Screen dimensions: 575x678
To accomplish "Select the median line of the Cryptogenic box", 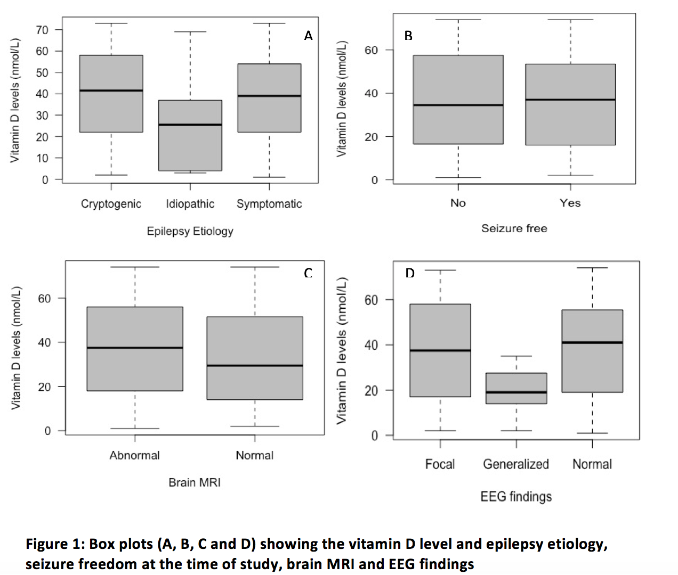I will (x=111, y=91).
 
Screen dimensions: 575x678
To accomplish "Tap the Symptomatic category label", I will (x=269, y=204).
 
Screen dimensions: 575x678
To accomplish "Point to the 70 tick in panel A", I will (x=42, y=30).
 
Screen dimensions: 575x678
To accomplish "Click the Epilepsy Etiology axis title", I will (x=190, y=231).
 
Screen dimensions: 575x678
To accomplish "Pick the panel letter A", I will (x=308, y=36).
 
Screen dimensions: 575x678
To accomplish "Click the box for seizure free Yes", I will (x=570, y=122).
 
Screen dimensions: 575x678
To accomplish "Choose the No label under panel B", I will (x=458, y=203).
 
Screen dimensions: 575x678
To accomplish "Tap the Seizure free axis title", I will (x=514, y=228).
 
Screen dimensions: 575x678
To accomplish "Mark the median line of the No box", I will (x=458, y=105).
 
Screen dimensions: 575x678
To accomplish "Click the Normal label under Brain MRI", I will (x=255, y=455).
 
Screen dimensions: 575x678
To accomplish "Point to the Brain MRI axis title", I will (x=195, y=482).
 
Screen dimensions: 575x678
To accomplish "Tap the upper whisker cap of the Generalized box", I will (x=516, y=356).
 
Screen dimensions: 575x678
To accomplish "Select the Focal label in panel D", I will (x=440, y=464).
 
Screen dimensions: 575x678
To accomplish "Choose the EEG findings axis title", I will (x=516, y=497).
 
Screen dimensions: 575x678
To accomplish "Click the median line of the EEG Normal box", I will (x=592, y=342).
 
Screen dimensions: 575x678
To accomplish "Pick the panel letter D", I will (x=409, y=273).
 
